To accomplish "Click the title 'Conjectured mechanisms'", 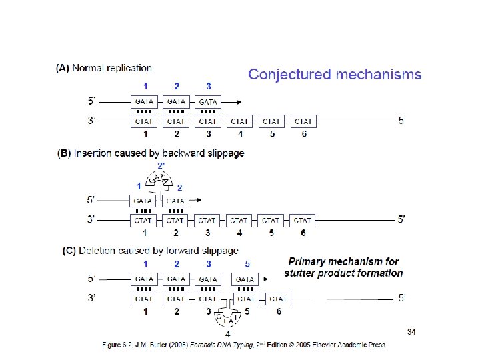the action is pos(335,75).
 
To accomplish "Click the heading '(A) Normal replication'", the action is pos(104,68).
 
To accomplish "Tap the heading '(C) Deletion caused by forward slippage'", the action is pos(150,251).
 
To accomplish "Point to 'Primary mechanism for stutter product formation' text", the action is pos(343,267).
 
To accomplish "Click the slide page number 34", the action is pos(411,331).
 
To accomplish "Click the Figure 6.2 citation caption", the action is pos(243,344).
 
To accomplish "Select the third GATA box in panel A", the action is pos(208,102).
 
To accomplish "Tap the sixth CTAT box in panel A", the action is pos(303,121).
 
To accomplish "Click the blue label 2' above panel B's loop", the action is pos(161,165).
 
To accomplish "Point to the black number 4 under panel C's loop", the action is pos(228,334).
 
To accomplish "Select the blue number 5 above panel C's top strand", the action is pos(247,265).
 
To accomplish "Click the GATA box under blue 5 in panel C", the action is pos(245,280).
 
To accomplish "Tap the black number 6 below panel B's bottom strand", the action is pos(304,233).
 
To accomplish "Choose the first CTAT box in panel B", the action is pos(144,220).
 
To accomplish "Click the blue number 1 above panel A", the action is pos(145,86).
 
